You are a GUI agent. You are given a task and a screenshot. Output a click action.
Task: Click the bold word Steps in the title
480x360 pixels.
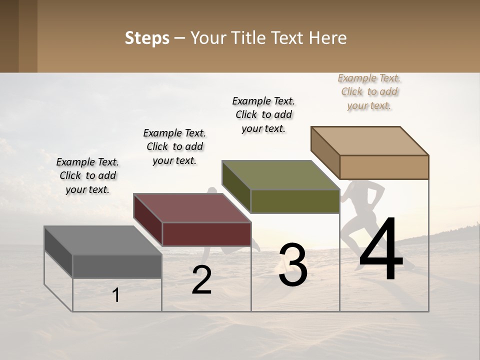147,38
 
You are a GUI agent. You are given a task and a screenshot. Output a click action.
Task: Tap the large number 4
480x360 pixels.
381,249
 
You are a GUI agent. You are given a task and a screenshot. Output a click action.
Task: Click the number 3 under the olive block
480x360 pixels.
293,265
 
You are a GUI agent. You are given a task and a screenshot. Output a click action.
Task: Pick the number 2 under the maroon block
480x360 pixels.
201,280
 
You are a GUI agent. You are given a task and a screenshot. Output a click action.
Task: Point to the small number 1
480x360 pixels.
116,295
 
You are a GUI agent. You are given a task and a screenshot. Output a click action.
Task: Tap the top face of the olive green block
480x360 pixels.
280,175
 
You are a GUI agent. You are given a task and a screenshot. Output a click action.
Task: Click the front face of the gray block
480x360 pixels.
117,266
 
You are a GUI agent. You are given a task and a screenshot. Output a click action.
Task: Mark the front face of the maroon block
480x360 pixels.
206,234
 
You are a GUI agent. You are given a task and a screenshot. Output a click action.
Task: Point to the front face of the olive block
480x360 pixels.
295,201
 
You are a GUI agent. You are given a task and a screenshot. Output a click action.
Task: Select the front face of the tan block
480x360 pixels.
384,167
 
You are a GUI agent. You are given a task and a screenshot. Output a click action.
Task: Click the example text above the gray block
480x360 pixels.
87,175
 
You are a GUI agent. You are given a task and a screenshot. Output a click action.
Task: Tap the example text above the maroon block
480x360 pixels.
174,146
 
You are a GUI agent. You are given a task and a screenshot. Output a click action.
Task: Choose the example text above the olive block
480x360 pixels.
263,114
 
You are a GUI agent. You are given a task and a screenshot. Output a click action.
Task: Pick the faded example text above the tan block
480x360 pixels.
369,91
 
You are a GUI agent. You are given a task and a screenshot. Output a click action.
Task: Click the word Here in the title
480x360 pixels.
329,38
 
